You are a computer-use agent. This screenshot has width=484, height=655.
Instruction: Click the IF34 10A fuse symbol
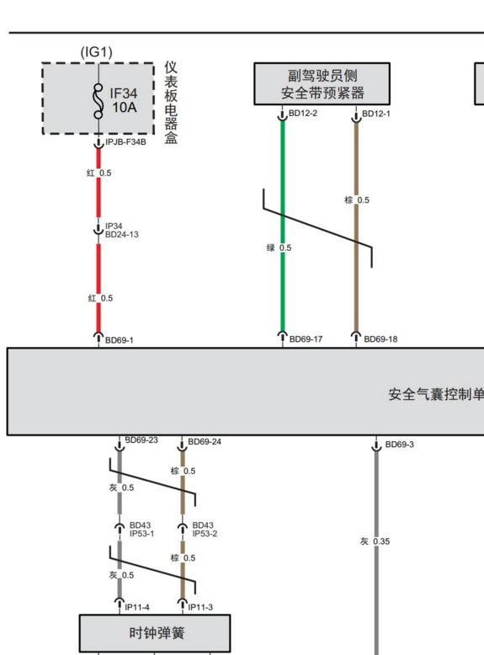98,102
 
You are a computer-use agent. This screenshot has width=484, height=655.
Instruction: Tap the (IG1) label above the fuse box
97,52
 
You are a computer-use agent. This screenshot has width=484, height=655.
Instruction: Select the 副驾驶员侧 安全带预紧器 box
322,84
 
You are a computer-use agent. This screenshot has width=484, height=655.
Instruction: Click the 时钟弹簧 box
155,633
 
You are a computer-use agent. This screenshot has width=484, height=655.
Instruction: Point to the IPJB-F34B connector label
125,142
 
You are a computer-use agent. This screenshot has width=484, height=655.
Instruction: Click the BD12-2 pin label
303,113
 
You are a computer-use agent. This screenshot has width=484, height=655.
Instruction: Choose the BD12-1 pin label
376,114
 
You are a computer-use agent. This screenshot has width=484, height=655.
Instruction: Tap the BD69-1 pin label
120,340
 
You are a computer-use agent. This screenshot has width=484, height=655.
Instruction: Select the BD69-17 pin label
306,339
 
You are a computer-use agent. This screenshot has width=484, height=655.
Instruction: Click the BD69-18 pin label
380,339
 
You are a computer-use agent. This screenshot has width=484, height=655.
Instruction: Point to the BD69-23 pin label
141,439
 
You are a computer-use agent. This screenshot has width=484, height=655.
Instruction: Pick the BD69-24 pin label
205,442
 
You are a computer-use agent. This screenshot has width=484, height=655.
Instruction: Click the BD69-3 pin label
399,445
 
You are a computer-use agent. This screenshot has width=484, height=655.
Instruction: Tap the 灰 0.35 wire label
375,541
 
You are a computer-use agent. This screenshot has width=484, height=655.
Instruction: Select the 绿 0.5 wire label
279,248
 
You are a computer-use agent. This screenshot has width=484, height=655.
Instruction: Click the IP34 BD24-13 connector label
121,230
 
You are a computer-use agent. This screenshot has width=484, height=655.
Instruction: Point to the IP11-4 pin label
137,607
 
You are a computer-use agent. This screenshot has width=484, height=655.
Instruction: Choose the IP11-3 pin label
200,607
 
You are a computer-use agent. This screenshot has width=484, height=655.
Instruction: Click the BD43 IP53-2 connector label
205,530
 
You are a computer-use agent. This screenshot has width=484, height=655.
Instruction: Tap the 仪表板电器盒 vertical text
171,103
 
